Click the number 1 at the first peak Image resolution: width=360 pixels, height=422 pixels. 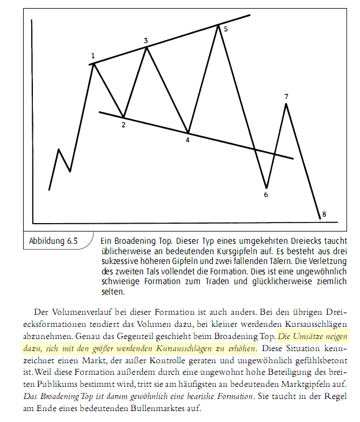pos(93,56)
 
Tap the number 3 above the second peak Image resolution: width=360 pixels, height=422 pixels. pos(146,41)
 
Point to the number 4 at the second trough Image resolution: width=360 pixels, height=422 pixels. pos(187,140)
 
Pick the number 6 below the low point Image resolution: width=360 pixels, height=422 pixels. pos(266,195)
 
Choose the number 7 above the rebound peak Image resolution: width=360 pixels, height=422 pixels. pos(286,96)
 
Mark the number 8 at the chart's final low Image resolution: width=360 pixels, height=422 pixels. pos(324,214)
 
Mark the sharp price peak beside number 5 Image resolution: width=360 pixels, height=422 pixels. pos(218,25)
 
